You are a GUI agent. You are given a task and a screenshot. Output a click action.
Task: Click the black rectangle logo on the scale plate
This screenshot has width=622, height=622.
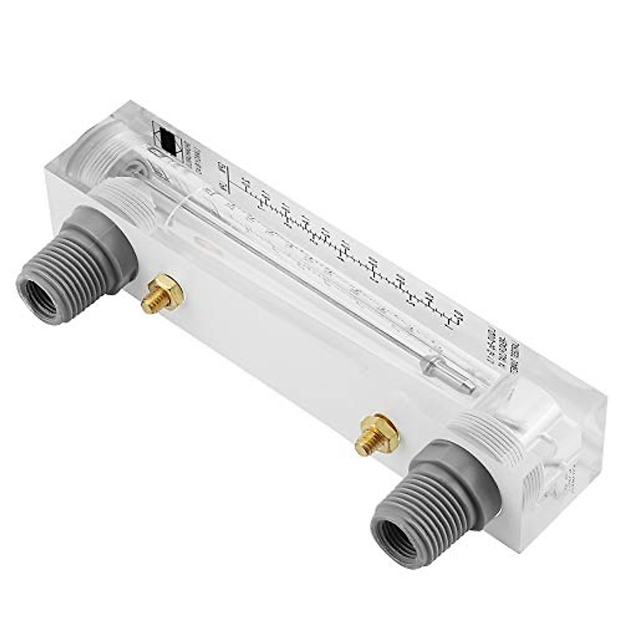coord(167,139)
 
